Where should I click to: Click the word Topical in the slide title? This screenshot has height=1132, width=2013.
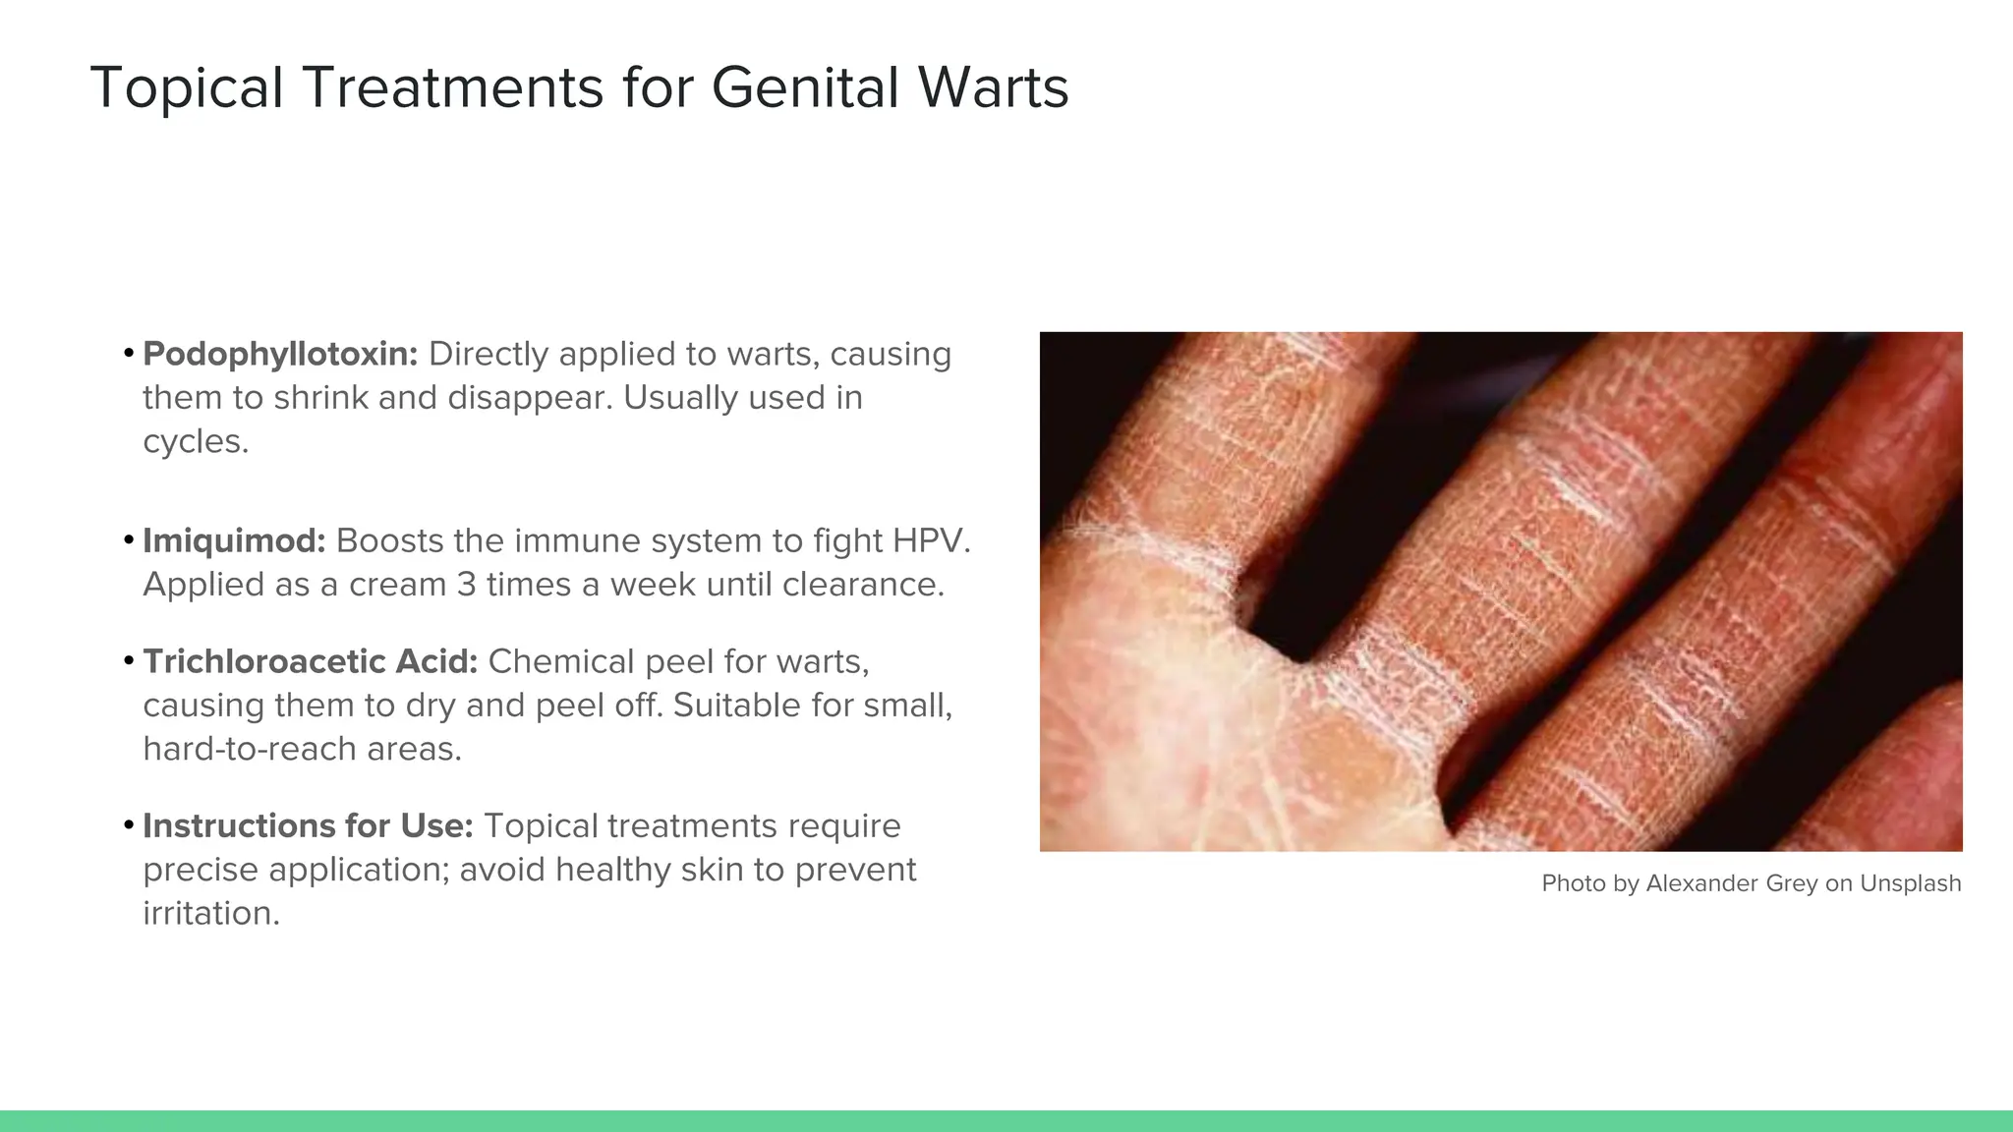(187, 88)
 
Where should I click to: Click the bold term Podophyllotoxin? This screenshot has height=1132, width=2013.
(280, 355)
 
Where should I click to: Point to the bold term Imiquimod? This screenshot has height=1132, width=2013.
(234, 541)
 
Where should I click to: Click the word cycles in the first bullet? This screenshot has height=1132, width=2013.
(196, 442)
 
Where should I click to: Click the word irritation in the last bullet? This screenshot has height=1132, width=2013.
(210, 914)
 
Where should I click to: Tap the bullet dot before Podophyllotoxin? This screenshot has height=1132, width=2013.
(129, 353)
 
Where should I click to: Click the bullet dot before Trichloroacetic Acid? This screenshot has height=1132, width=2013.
(129, 660)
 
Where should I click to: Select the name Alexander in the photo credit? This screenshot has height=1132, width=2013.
(1701, 883)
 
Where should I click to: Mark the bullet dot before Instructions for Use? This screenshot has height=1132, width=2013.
(129, 824)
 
